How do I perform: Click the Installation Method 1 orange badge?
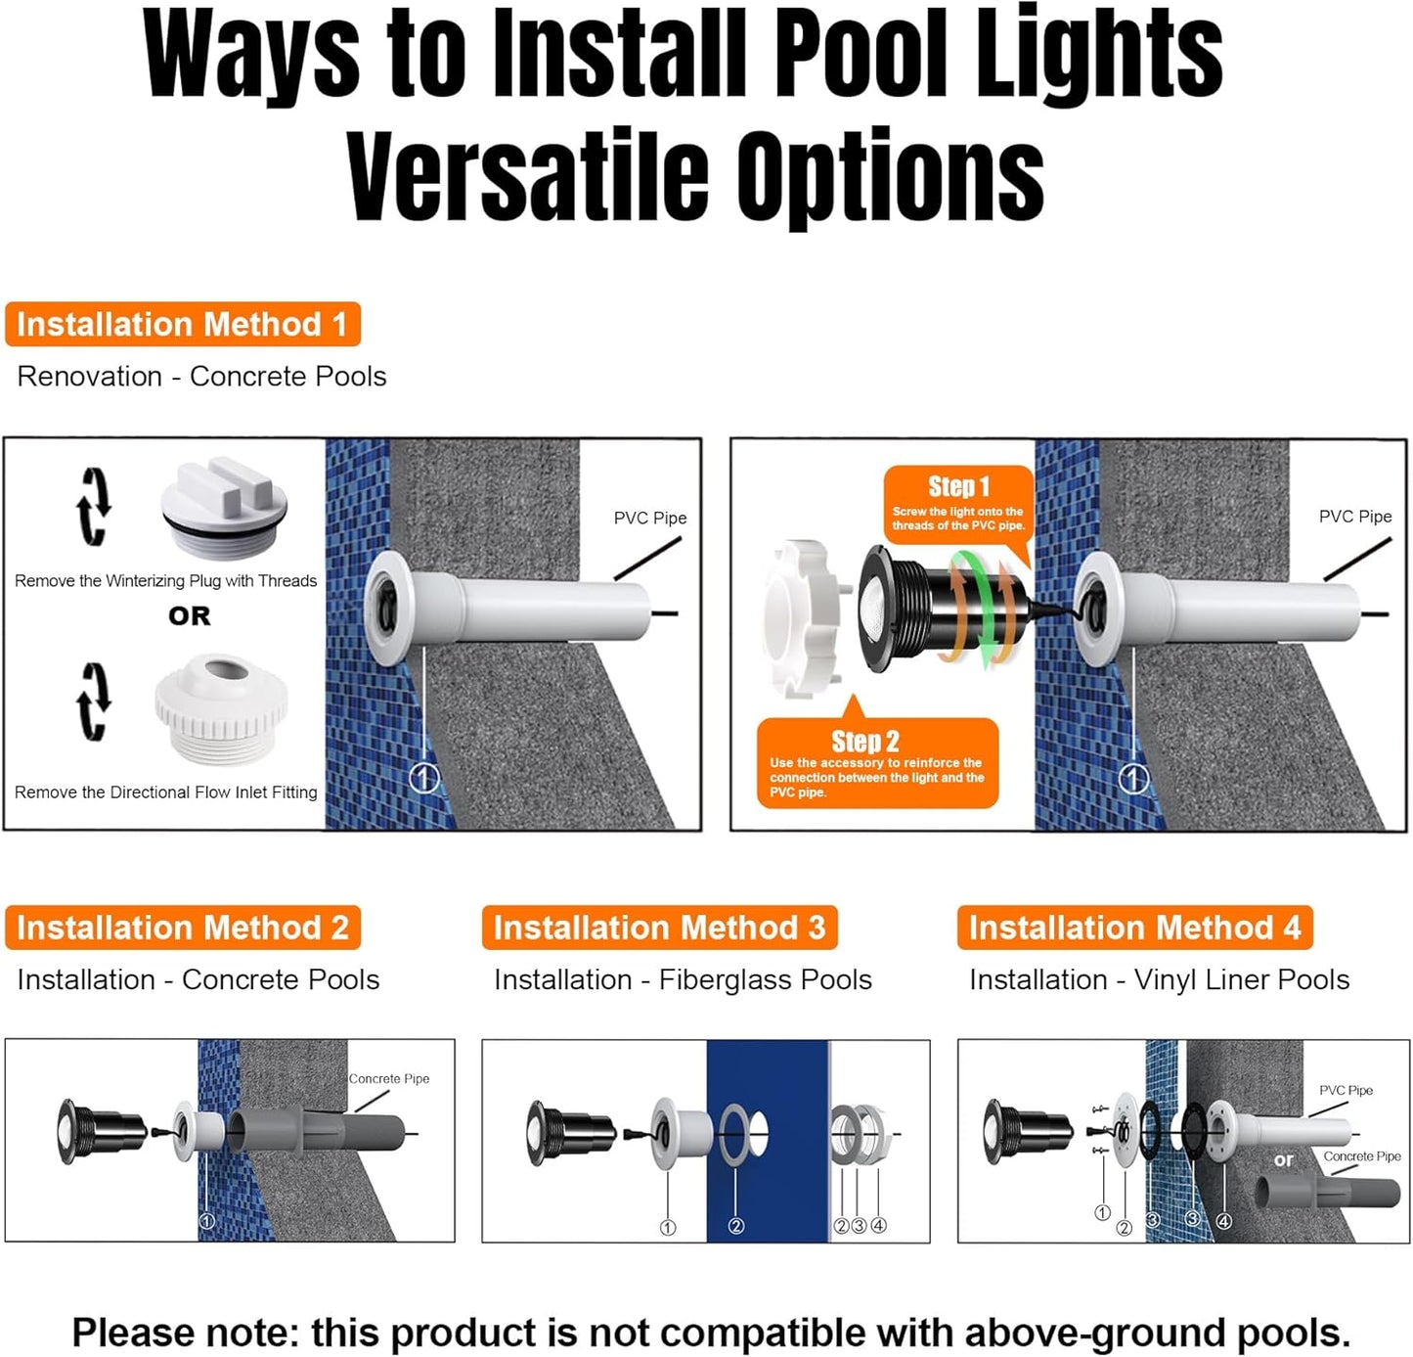[182, 324]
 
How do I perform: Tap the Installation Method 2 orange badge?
[182, 927]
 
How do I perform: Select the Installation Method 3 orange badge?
[659, 927]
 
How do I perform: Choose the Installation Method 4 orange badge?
[1134, 927]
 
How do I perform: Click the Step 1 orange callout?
[958, 505]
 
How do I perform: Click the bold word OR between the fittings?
[189, 616]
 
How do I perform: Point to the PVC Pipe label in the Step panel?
[1354, 517]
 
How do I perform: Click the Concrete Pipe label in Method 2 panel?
[389, 1078]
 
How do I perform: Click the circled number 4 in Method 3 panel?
[878, 1225]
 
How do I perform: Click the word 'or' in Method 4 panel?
[1283, 1159]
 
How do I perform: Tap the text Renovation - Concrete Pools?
[201, 377]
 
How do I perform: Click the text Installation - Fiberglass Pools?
[683, 980]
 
